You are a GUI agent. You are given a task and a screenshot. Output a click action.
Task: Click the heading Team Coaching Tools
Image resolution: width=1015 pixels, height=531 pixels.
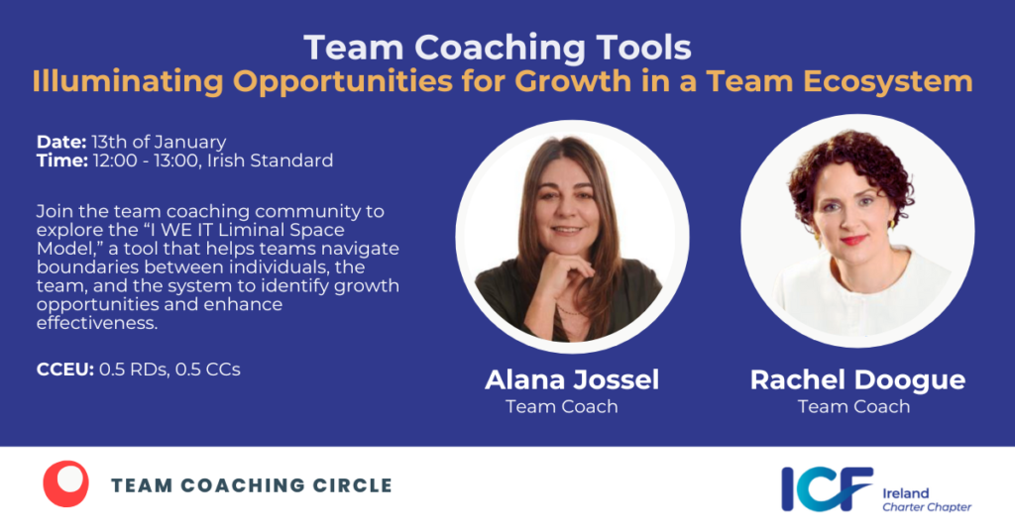click(x=498, y=47)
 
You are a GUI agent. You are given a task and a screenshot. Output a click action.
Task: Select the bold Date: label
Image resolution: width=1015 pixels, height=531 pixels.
click(x=61, y=142)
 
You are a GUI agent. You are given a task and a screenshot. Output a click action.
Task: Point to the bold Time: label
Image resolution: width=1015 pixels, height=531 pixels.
click(x=61, y=160)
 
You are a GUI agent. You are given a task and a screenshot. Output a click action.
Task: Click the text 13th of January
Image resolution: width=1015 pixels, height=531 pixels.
click(x=160, y=142)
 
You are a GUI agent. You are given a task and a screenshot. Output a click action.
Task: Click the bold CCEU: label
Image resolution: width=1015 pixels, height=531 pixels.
click(x=64, y=370)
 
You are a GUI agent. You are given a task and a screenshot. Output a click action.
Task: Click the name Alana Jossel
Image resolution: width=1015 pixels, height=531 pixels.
click(x=572, y=380)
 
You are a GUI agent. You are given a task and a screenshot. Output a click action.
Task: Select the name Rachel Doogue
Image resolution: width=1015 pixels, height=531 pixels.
click(x=857, y=380)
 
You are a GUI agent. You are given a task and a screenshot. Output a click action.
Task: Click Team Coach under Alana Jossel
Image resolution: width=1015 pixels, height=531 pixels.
click(x=561, y=406)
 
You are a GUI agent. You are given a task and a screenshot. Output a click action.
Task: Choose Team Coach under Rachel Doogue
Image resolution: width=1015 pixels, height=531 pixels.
click(x=853, y=406)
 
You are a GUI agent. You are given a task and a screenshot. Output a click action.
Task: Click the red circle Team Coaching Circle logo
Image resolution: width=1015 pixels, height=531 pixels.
click(x=65, y=484)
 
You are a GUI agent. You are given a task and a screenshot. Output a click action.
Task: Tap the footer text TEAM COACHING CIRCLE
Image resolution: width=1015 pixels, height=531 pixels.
click(x=252, y=485)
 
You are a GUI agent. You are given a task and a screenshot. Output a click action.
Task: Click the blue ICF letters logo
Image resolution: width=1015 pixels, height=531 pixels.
click(x=827, y=488)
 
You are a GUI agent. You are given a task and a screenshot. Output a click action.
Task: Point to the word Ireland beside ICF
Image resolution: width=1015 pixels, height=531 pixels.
click(x=906, y=492)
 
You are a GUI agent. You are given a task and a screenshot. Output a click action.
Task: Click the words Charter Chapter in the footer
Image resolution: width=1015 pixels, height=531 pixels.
click(x=927, y=507)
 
